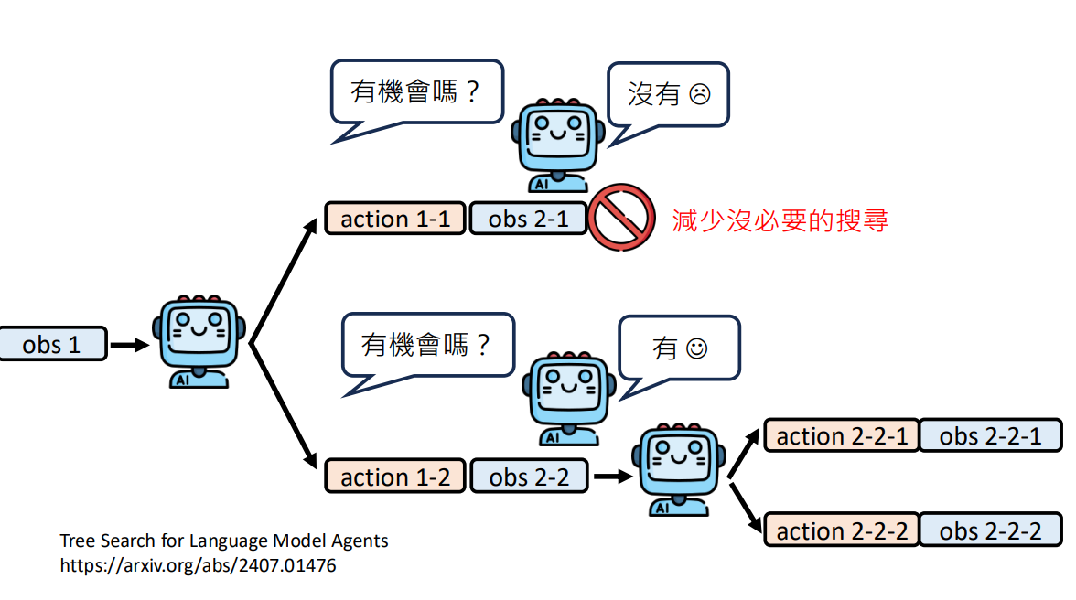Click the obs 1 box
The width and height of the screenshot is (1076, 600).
pyautogui.click(x=52, y=345)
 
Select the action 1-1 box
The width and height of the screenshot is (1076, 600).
pyautogui.click(x=394, y=220)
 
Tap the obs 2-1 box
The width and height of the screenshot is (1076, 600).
pyautogui.click(x=528, y=220)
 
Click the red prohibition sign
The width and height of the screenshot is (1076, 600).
pyautogui.click(x=621, y=217)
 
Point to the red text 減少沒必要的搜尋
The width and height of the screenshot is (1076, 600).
pyautogui.click(x=780, y=220)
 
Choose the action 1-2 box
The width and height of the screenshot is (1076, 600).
pyautogui.click(x=394, y=477)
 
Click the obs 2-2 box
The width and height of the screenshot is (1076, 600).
pyautogui.click(x=529, y=477)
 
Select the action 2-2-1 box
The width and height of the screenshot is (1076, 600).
pyautogui.click(x=841, y=436)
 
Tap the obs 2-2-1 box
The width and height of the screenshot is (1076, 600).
pyautogui.click(x=990, y=436)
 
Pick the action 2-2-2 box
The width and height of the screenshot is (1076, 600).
pyautogui.click(x=841, y=531)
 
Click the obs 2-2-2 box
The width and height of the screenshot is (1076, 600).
pyautogui.click(x=990, y=531)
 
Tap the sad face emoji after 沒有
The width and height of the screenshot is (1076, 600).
pyautogui.click(x=699, y=94)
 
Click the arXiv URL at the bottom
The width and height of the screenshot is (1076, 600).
pyautogui.click(x=198, y=565)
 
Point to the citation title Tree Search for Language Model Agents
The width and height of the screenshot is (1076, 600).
pyautogui.click(x=224, y=541)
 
